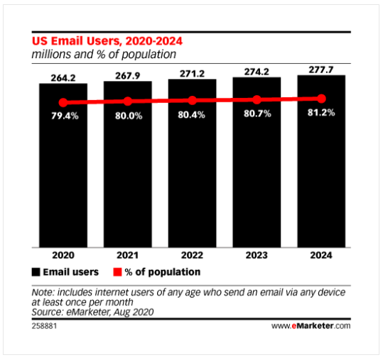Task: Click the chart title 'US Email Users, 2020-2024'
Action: coord(107,41)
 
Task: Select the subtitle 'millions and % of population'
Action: coord(104,55)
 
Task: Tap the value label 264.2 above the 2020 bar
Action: coord(63,78)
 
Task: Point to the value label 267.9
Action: coord(128,76)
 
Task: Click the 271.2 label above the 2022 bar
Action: coord(193,74)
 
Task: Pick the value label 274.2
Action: coord(257,72)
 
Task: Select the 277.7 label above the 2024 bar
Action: coord(321,70)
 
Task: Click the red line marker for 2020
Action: coord(63,102)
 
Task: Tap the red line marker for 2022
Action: coord(193,101)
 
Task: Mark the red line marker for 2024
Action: coord(322,99)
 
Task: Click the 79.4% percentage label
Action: coord(65,116)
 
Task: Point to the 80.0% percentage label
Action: coord(129,116)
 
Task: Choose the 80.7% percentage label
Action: coord(257,114)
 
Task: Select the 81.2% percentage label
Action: coord(321,112)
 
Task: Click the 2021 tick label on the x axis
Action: coord(127,256)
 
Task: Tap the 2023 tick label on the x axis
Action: coord(257,256)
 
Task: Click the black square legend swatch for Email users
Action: coord(36,272)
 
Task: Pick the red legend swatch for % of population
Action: coord(117,272)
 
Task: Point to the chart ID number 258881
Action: coord(44,326)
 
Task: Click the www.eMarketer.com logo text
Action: coord(311,326)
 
